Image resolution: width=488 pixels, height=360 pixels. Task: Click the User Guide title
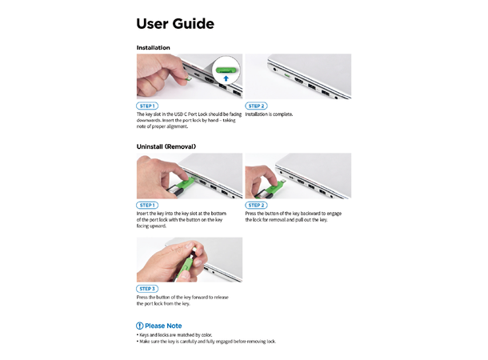click(x=175, y=24)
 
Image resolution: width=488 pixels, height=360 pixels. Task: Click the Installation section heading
click(x=154, y=48)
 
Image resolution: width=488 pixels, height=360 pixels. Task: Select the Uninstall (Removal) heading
click(x=166, y=147)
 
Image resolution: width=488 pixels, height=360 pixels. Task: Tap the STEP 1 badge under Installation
click(x=148, y=106)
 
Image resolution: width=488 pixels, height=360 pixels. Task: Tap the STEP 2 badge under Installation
click(x=256, y=106)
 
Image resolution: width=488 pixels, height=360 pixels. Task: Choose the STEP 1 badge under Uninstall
click(x=148, y=206)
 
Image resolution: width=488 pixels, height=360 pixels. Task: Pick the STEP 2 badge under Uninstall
click(x=256, y=206)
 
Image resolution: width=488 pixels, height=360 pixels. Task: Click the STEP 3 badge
click(x=148, y=289)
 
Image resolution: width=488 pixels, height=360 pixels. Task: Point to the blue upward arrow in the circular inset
click(x=227, y=78)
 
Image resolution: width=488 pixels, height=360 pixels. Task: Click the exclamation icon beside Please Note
click(x=140, y=326)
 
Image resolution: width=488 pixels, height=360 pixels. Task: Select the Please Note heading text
click(x=163, y=326)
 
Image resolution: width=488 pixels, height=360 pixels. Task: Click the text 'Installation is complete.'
click(x=270, y=114)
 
